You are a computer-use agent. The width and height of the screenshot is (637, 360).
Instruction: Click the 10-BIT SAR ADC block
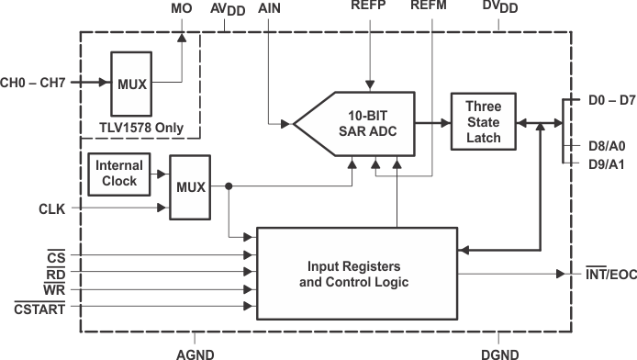pyautogui.click(x=367, y=122)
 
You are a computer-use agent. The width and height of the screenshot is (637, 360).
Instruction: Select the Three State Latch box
pyautogui.click(x=482, y=122)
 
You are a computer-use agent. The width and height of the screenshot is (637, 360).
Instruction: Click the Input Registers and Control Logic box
pyautogui.click(x=356, y=274)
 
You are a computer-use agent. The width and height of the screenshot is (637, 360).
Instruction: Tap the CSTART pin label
pyautogui.click(x=38, y=308)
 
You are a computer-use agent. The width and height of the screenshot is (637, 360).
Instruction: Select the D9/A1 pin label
pyautogui.click(x=606, y=163)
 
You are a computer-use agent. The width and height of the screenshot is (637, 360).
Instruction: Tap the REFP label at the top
pyautogui.click(x=369, y=7)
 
